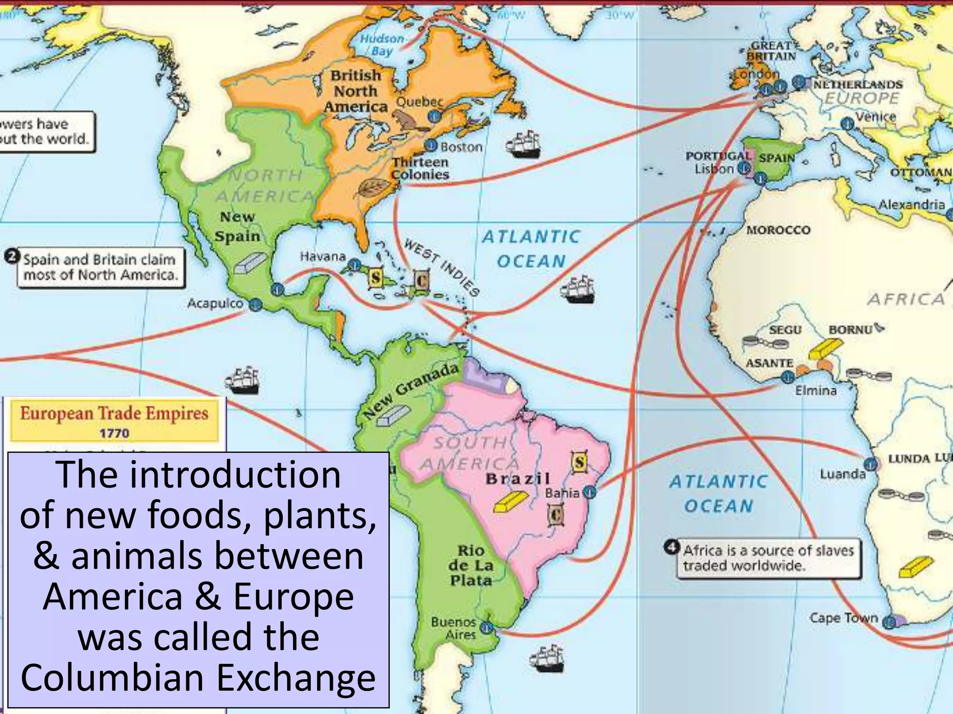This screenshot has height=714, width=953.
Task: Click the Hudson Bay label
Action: (x=382, y=45)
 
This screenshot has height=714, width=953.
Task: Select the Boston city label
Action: (x=461, y=147)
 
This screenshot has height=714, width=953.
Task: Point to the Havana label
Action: (x=322, y=256)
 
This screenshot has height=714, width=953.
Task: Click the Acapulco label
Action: (x=215, y=304)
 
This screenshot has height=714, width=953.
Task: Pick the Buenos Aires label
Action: (x=453, y=628)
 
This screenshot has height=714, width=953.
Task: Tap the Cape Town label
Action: (x=843, y=618)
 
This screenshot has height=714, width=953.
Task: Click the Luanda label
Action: (x=842, y=474)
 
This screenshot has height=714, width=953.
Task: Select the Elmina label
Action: (x=815, y=390)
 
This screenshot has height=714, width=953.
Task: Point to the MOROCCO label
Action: (x=778, y=230)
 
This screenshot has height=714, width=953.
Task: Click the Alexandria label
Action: (x=911, y=205)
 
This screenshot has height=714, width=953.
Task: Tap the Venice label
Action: (x=876, y=117)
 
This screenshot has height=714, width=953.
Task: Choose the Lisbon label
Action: (x=714, y=169)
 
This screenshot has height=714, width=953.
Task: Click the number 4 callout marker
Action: (x=671, y=547)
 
